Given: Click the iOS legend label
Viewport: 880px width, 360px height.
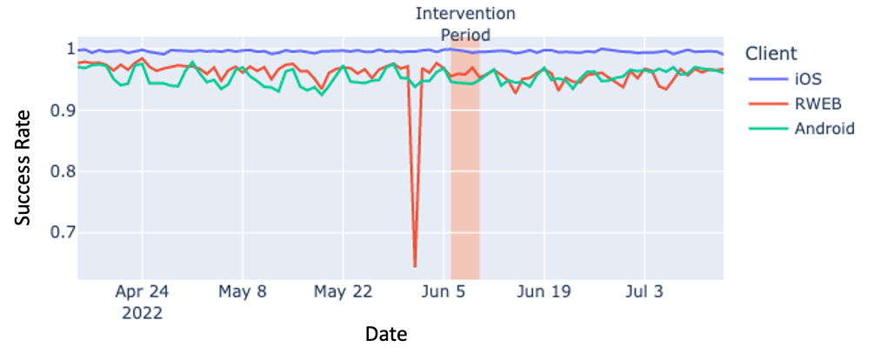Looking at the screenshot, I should click(x=808, y=79).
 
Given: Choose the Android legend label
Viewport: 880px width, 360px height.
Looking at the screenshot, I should click(x=824, y=129).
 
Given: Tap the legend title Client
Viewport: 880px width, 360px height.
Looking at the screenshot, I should click(x=770, y=53).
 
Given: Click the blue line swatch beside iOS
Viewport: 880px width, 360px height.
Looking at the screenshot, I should click(x=766, y=79).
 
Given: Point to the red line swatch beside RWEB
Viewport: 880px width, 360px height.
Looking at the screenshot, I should click(x=766, y=104).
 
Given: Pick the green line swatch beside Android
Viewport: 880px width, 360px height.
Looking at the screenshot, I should click(x=766, y=129).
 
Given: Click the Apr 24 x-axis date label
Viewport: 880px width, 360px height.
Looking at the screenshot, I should click(x=142, y=292).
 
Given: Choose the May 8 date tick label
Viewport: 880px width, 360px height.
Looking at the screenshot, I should click(x=243, y=292).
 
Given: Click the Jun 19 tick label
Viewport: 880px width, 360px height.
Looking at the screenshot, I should click(x=543, y=292).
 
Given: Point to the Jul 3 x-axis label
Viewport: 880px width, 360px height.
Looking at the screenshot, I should click(x=644, y=292).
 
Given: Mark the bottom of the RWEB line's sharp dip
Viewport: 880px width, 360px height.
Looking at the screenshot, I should click(x=415, y=266).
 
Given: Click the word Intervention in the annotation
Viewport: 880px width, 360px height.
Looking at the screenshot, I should click(x=465, y=14).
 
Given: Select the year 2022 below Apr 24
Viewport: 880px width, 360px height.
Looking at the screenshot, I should click(x=142, y=313).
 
